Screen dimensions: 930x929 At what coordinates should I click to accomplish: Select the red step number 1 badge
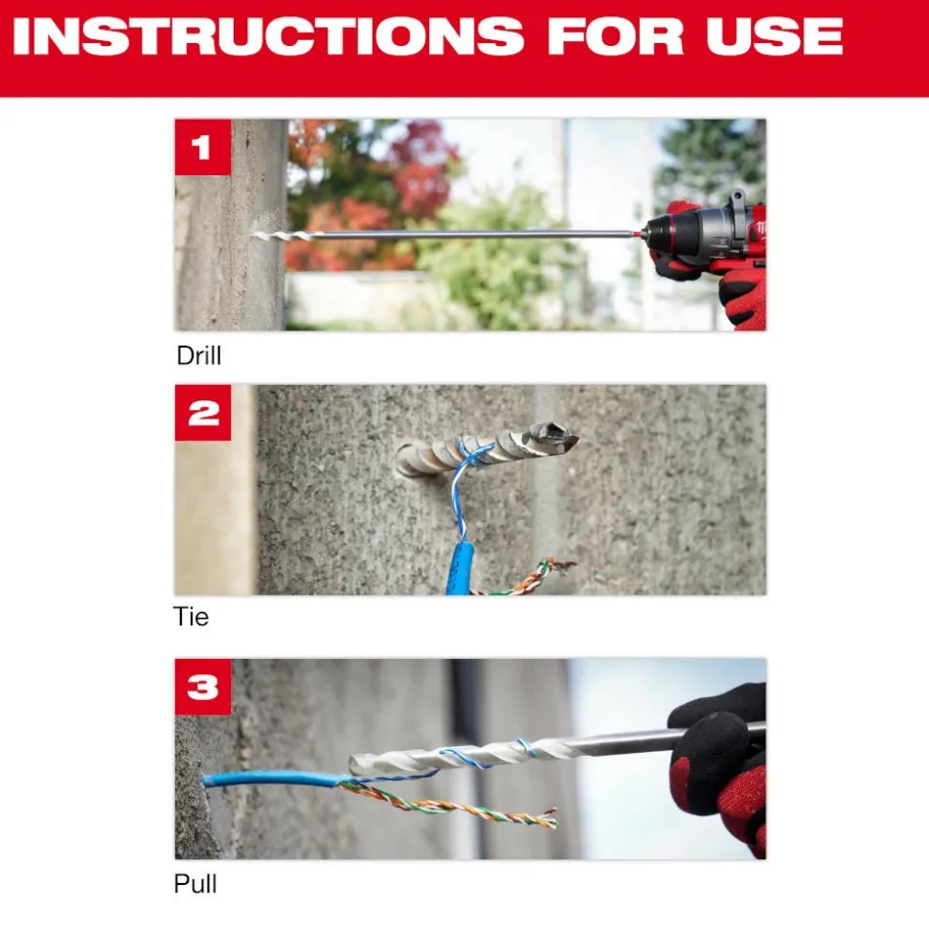(x=202, y=147)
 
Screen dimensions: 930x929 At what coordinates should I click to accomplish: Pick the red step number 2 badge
(x=202, y=413)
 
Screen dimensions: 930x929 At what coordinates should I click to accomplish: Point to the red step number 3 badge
(x=202, y=687)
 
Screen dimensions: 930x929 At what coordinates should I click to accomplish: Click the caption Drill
(x=199, y=355)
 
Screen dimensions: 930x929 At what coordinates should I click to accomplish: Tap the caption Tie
(x=191, y=616)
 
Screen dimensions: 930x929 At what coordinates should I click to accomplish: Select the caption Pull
(x=195, y=884)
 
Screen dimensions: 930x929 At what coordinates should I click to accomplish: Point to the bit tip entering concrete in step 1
(x=263, y=234)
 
